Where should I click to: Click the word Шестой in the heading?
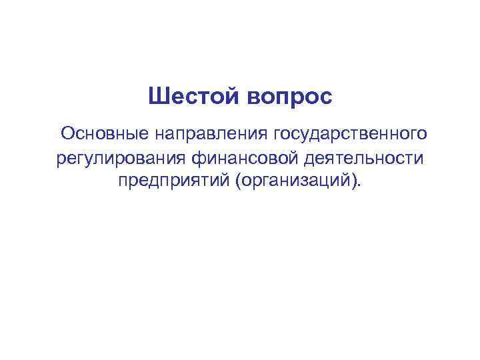coord(193,97)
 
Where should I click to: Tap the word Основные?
coord(105,135)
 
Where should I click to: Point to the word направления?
coord(212,135)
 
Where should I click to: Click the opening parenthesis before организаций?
coord(237,182)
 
